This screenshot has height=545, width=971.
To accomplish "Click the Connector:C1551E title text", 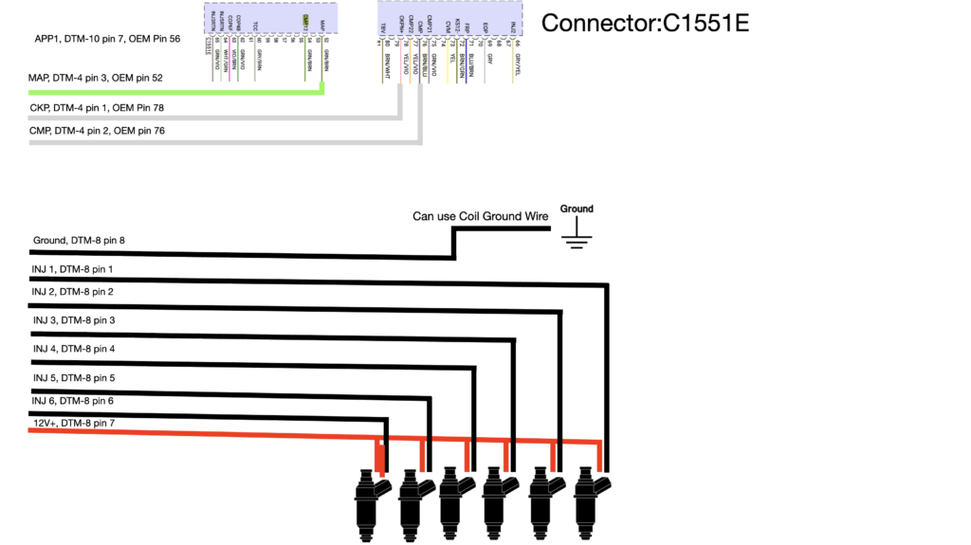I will point(645,24).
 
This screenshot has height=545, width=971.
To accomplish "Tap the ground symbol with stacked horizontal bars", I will point(576,237).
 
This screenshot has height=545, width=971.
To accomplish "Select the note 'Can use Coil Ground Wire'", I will point(480,216).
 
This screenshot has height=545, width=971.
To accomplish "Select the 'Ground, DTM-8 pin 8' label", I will point(79,241).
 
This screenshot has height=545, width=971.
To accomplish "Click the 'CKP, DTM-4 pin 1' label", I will point(97,108).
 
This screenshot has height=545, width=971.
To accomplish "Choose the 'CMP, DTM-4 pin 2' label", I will point(97,130).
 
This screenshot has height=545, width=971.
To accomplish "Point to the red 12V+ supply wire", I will point(190,431).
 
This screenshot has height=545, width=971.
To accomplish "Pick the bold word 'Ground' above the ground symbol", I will point(576,209).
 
